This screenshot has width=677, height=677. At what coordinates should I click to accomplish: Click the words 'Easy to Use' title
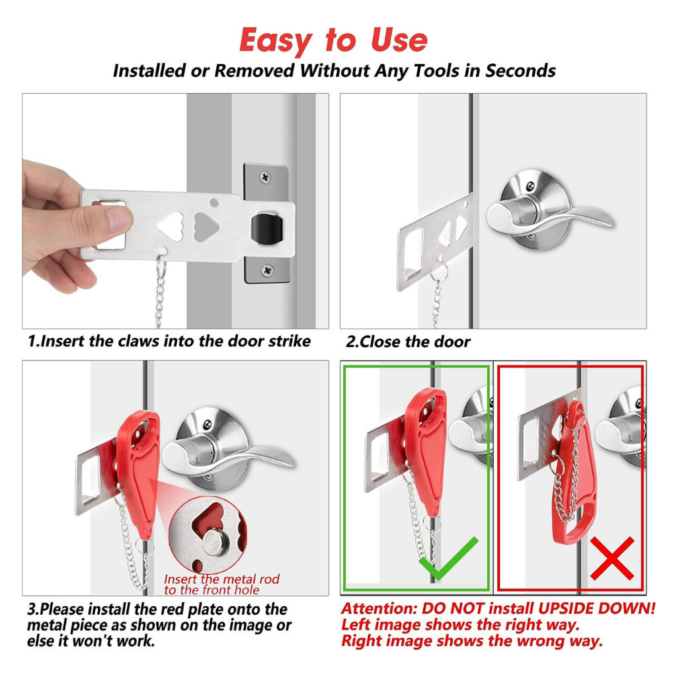tap(333, 40)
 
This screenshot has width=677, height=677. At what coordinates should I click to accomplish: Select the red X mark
tap(612, 558)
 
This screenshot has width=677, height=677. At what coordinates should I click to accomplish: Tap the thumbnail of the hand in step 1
tap(118, 219)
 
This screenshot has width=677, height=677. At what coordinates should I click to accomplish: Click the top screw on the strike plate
tap(265, 177)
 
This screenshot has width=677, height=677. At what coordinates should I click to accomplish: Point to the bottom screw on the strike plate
tap(267, 270)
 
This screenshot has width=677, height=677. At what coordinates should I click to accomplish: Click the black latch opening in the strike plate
tap(267, 229)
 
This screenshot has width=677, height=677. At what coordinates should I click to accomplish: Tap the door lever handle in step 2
tap(548, 214)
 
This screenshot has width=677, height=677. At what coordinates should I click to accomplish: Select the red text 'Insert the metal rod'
tap(221, 579)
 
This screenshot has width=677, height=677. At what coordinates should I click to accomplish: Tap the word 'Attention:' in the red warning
tap(379, 608)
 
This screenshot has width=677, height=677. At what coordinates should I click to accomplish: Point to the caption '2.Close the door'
tap(407, 342)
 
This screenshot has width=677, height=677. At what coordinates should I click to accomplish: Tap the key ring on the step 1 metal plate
tap(161, 267)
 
